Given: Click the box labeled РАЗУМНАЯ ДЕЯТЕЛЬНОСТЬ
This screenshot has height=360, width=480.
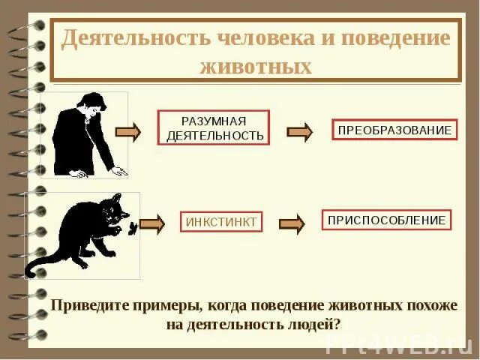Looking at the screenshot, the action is (x=213, y=128).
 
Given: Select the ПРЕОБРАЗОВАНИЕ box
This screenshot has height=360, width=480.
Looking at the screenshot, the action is (x=394, y=130).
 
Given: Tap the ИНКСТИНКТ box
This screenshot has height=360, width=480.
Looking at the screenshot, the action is (x=220, y=222).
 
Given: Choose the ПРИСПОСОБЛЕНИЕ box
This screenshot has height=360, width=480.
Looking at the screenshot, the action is (x=386, y=220).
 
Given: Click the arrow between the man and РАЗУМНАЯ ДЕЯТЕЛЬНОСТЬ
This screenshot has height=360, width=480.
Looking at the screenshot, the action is (x=128, y=133).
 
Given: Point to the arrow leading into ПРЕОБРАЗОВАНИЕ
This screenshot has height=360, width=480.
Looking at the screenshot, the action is (x=301, y=132).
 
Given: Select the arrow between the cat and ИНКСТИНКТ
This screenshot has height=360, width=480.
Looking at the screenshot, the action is (x=151, y=223).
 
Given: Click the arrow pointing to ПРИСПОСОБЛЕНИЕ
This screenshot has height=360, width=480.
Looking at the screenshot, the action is (x=292, y=223).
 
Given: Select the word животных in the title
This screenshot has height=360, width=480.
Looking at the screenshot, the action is (x=256, y=66).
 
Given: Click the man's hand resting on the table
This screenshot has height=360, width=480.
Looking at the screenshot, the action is (x=118, y=171).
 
